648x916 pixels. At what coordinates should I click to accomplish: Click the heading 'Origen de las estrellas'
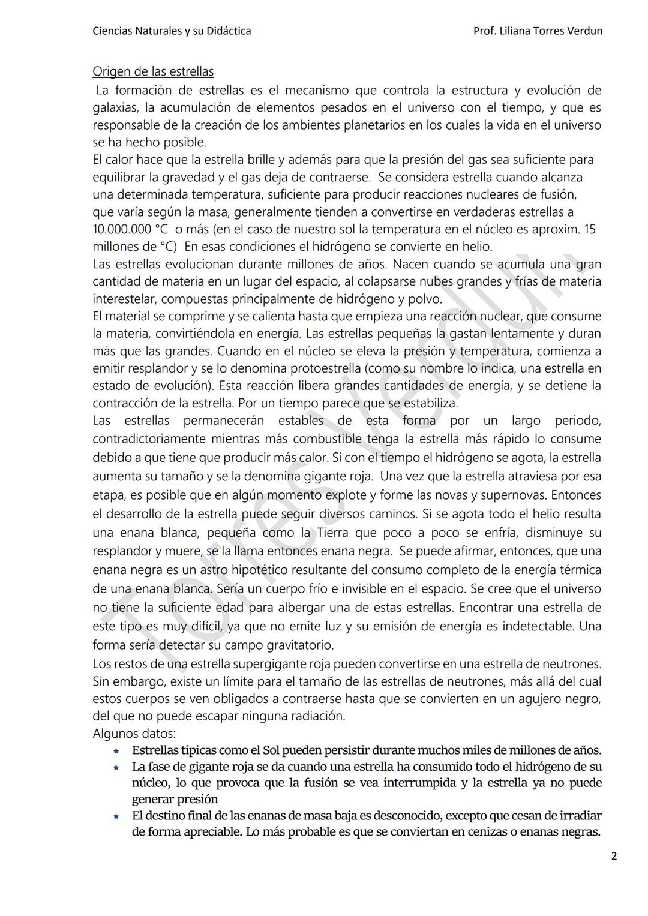(153, 71)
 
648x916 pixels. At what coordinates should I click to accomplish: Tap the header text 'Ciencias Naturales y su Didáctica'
(172, 31)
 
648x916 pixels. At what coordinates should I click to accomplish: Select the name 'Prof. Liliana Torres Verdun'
(538, 31)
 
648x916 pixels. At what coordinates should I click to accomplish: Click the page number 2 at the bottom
(614, 856)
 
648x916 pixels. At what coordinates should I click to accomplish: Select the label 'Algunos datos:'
(134, 734)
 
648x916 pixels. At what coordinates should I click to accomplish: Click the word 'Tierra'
(332, 533)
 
